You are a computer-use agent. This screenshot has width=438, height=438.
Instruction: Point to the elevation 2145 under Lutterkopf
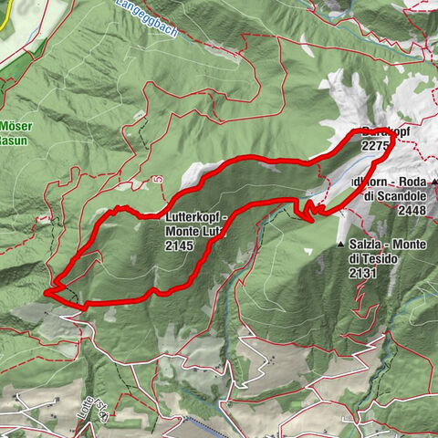(x=182, y=246)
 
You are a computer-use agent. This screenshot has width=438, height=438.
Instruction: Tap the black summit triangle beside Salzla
(x=340, y=245)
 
